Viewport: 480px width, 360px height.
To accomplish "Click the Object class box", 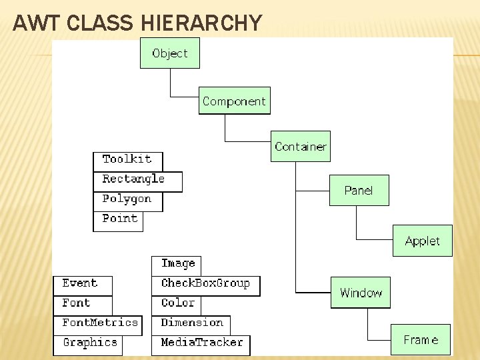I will pyautogui.click(x=169, y=53).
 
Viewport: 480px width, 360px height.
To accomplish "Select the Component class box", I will pyautogui.click(x=234, y=101).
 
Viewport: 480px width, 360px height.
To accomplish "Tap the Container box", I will pyautogui.click(x=301, y=147).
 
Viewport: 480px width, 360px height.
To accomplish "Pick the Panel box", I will pyautogui.click(x=359, y=191).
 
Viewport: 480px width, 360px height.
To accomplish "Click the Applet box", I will pyautogui.click(x=422, y=241).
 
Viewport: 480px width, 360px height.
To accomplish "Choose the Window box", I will pyautogui.click(x=361, y=293).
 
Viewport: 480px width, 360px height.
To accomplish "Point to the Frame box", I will pyautogui.click(x=421, y=340).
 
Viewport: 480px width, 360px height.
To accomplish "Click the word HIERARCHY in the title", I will pyautogui.click(x=202, y=24).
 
